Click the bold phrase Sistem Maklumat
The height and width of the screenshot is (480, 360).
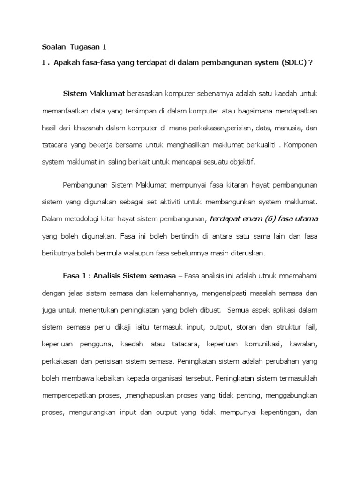(x=94, y=94)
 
